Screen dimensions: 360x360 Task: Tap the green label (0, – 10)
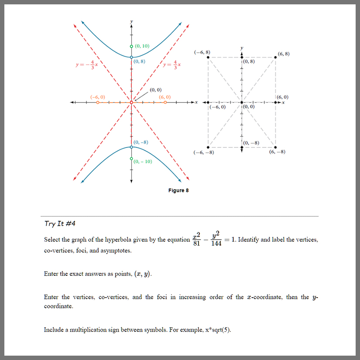[x=143, y=161]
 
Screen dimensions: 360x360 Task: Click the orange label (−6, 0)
[x=97, y=97]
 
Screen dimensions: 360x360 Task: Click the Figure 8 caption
[x=178, y=190]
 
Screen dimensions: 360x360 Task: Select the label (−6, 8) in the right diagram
[x=202, y=52]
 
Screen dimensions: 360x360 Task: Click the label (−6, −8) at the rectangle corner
[x=203, y=152]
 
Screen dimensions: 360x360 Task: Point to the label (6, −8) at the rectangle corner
[x=278, y=152]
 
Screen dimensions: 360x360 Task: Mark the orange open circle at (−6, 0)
[x=98, y=103]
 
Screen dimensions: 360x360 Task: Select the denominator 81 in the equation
[x=197, y=243]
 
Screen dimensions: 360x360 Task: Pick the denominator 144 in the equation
[x=217, y=243]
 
